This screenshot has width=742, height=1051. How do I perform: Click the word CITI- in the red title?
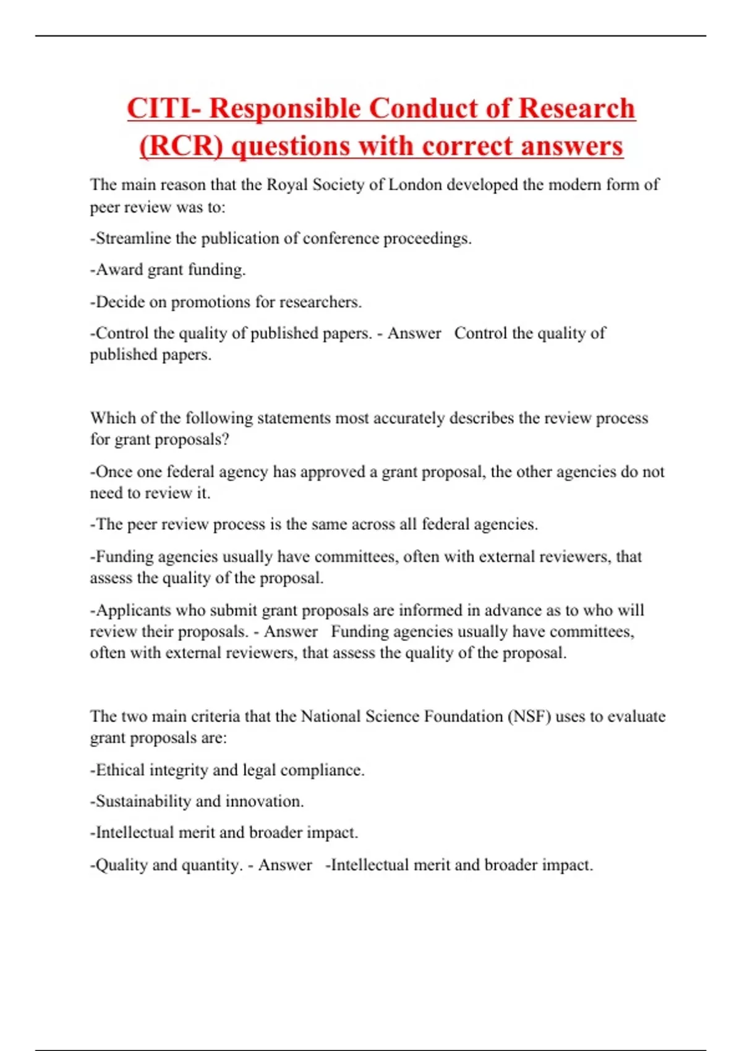click(x=163, y=109)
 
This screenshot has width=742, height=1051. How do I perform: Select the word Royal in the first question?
click(x=287, y=185)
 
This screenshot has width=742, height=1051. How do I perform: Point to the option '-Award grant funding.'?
click(x=168, y=270)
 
